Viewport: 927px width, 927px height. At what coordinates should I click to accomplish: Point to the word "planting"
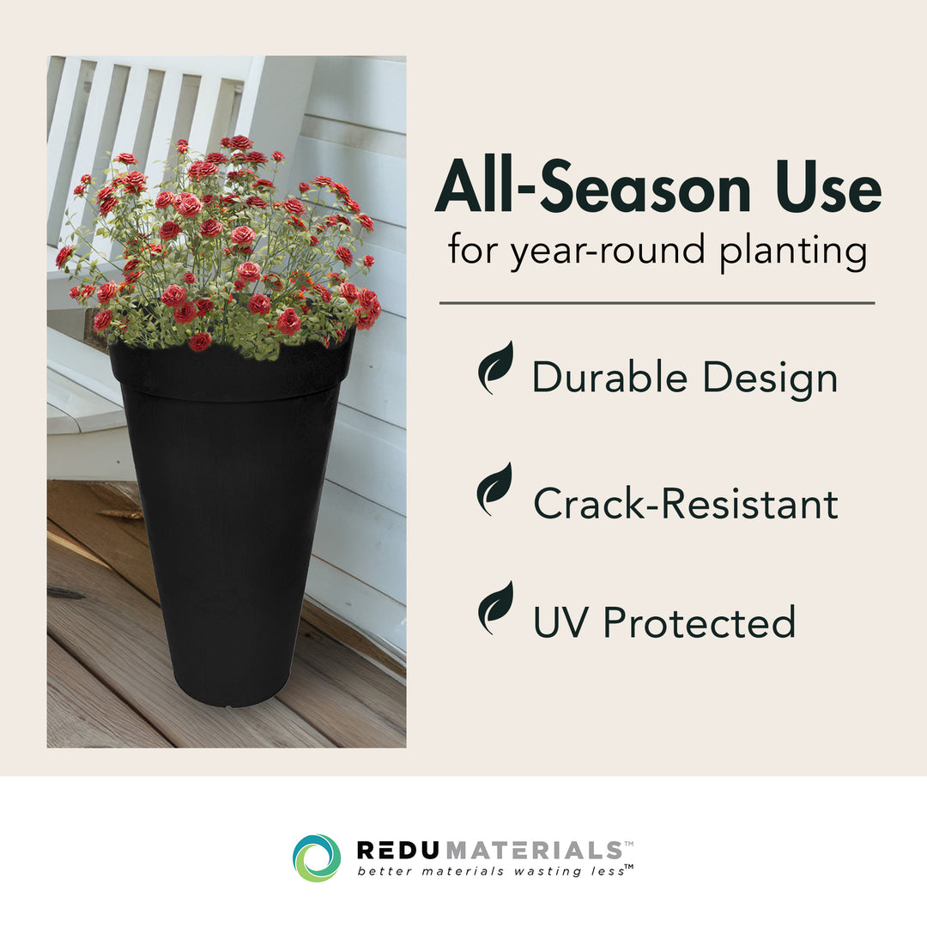pyautogui.click(x=793, y=251)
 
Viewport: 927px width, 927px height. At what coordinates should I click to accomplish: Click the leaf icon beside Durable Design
pyautogui.click(x=495, y=367)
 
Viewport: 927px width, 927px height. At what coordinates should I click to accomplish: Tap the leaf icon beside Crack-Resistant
pyautogui.click(x=495, y=488)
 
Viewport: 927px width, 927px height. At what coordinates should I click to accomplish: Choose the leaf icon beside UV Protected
pyautogui.click(x=495, y=607)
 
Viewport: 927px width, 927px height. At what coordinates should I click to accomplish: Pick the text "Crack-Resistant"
pyautogui.click(x=685, y=503)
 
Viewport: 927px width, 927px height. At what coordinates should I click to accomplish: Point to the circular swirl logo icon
pyautogui.click(x=317, y=857)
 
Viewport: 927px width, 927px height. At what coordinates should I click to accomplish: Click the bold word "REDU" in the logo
pyautogui.click(x=400, y=850)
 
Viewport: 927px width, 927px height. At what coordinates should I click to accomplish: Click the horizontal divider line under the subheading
pyautogui.click(x=657, y=303)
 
